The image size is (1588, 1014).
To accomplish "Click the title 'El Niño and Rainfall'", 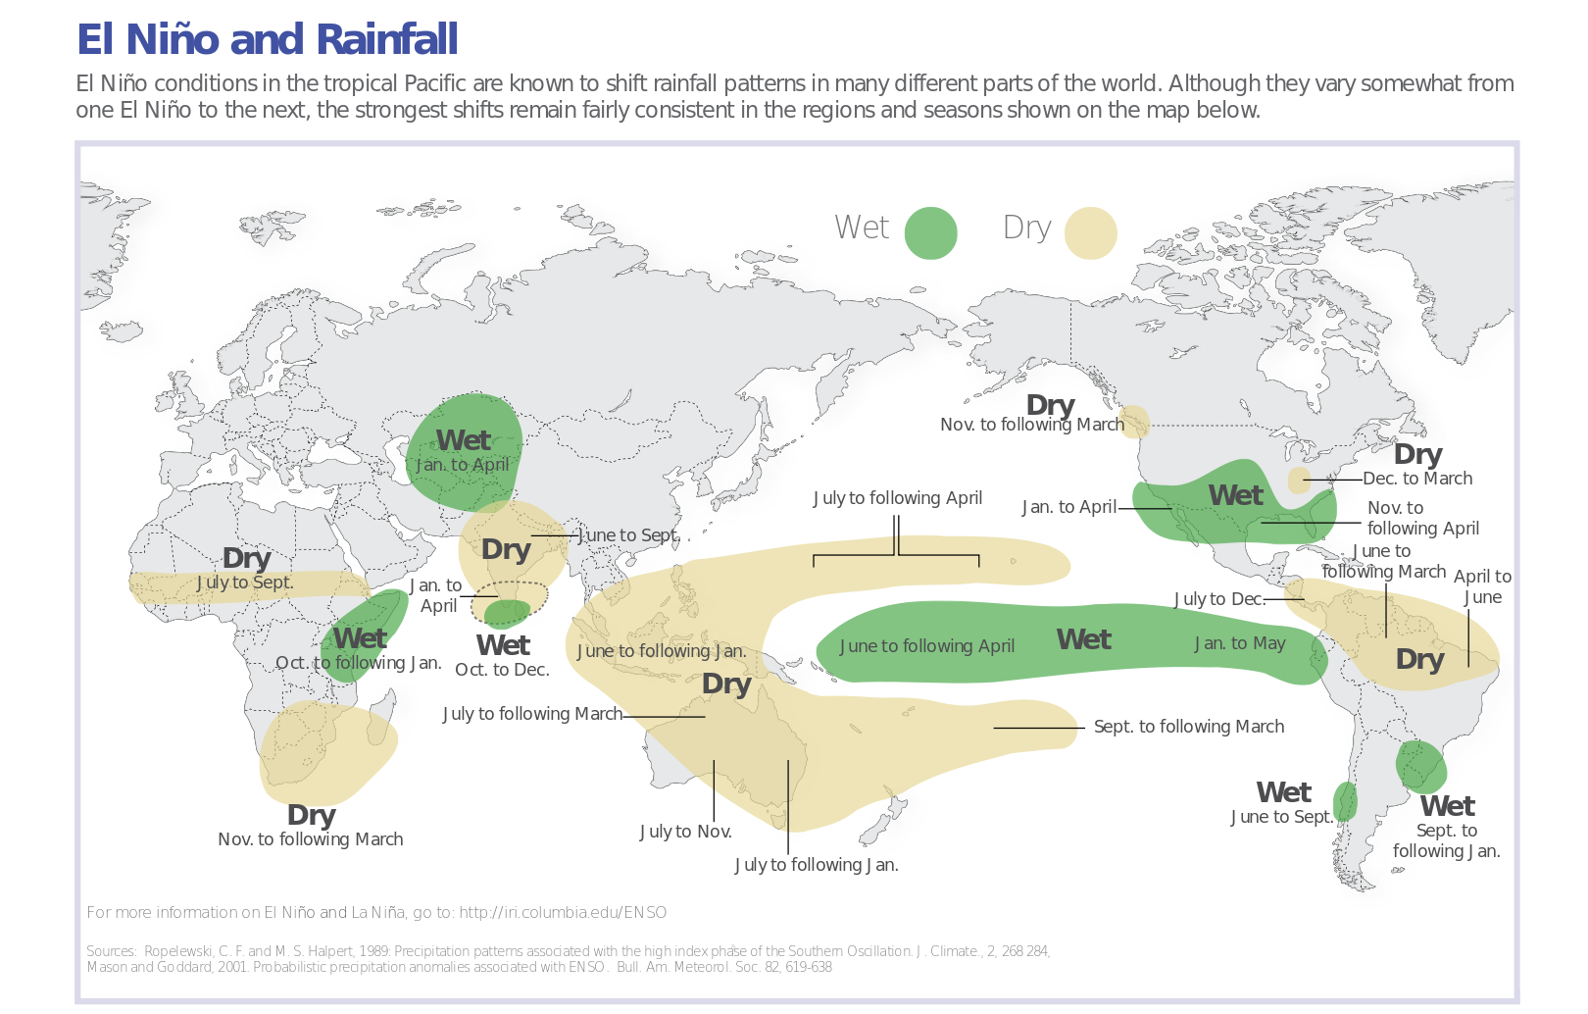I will (267, 39).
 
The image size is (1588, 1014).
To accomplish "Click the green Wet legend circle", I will (930, 233).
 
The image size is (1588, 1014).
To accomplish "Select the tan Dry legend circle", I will (1090, 233).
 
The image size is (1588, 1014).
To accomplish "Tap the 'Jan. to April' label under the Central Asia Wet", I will (463, 465).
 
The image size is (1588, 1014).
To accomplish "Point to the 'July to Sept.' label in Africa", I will (245, 583).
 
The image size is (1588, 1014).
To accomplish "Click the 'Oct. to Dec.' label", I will (502, 670).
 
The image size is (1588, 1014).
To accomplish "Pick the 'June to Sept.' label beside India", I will (629, 535).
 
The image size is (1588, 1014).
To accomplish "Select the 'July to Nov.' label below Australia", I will (686, 832).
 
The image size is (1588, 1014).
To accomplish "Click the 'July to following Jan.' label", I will (817, 865).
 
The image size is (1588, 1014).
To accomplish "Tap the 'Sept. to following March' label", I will (1188, 727).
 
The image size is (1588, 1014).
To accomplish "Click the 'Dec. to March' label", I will (1417, 479).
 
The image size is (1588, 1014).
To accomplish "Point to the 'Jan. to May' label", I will (1240, 643).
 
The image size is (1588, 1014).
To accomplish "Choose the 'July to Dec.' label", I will (1218, 599).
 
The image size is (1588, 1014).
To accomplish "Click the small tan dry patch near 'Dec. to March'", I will (1299, 481).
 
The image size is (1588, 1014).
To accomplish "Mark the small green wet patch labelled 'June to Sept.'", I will (1345, 801).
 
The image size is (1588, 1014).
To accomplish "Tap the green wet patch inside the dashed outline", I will (506, 614).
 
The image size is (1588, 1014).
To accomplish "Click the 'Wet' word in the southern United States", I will (1235, 496).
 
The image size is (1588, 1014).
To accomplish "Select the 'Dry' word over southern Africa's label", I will (311, 816).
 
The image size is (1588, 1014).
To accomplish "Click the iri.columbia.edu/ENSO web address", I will (563, 913).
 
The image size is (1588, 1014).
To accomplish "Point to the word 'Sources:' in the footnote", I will (112, 951).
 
